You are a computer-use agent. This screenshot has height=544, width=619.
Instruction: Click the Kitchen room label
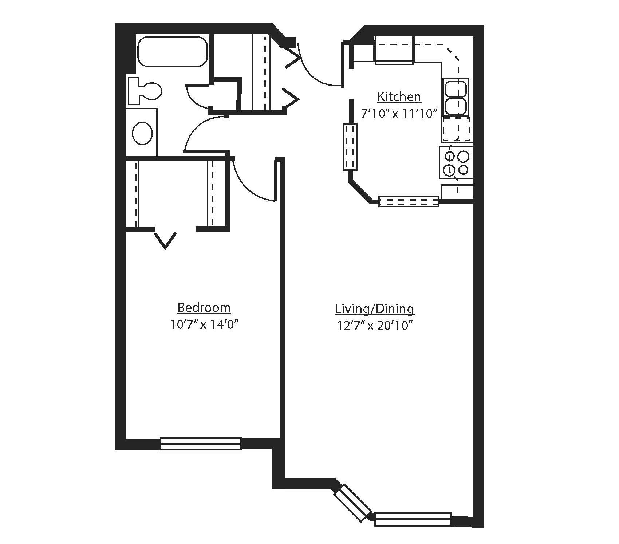click(399, 97)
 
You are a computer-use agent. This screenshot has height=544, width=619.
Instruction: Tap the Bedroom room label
click(204, 308)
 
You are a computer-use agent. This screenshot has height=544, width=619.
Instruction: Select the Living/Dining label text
click(374, 309)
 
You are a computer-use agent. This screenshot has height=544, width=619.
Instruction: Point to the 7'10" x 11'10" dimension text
click(399, 114)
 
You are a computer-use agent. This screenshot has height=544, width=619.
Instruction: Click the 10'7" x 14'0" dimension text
click(204, 324)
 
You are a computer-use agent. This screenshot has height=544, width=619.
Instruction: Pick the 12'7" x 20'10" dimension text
click(374, 325)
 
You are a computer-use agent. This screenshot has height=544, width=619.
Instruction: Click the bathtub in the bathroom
click(172, 51)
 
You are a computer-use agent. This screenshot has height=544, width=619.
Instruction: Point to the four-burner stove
click(456, 162)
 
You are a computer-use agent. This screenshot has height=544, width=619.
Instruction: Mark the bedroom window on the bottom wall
click(201, 443)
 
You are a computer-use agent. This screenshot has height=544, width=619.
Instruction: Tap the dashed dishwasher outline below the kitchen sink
click(456, 129)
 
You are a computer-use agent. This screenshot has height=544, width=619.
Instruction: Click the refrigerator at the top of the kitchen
click(394, 50)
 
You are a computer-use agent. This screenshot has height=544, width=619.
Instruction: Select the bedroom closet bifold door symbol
click(166, 239)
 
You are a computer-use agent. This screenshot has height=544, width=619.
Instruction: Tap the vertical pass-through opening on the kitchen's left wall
click(350, 146)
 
